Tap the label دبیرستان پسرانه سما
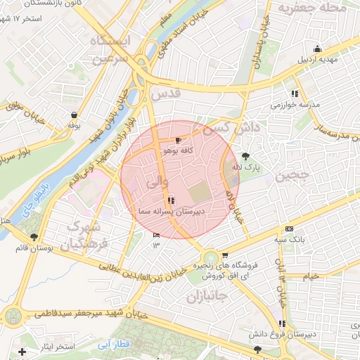point(169,210)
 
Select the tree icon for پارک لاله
point(245,156)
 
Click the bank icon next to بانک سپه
point(289,230)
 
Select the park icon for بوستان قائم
point(34,236)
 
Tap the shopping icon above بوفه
point(74,114)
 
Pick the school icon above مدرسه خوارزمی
point(294,93)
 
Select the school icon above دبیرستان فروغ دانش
point(282,323)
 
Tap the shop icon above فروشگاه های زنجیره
point(224,255)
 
